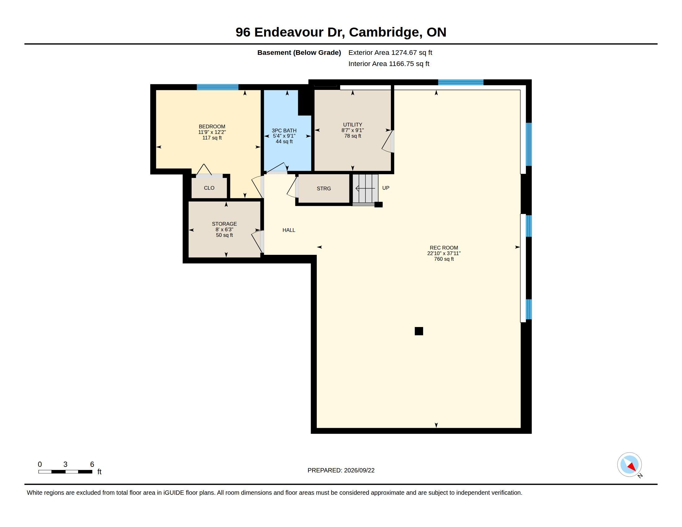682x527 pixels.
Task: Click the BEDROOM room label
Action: (x=212, y=126)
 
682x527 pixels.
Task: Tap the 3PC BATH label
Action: (x=284, y=131)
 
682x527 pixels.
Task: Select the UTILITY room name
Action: (x=352, y=125)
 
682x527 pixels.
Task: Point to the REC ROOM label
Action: (x=444, y=248)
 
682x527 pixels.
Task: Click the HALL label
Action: (x=289, y=230)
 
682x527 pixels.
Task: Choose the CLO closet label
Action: (x=209, y=188)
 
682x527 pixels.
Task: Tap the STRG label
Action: (x=324, y=188)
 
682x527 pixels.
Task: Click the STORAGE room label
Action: (x=224, y=224)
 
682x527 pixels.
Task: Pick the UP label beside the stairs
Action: (x=386, y=188)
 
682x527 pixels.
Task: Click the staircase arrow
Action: (x=365, y=188)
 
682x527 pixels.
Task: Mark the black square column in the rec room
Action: (x=419, y=331)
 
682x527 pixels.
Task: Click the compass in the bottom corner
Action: (x=630, y=465)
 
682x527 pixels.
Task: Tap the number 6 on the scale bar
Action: (x=92, y=464)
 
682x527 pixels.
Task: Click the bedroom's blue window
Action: (x=217, y=87)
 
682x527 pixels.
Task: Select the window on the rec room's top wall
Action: (x=461, y=82)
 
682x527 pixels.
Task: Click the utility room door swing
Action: (x=387, y=142)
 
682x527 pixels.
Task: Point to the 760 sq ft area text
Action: (x=444, y=259)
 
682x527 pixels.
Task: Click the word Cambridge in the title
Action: (x=384, y=33)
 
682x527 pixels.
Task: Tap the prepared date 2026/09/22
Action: (x=359, y=470)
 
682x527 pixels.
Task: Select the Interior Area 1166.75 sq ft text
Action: (x=389, y=64)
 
